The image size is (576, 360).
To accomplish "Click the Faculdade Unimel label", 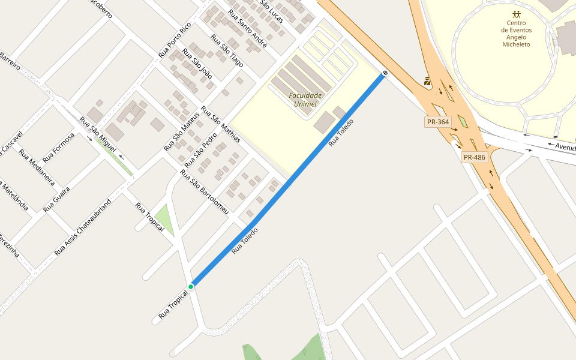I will (305, 100).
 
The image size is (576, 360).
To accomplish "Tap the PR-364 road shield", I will (437, 122).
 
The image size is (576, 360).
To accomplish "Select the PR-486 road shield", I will (474, 157).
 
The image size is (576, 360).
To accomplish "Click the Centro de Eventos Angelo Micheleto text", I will (516, 34).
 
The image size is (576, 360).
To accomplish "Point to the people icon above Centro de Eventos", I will (516, 14).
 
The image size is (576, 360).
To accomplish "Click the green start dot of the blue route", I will (191, 287).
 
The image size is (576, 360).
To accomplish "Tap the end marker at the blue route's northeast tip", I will (385, 73).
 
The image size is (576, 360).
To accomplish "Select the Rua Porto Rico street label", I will (174, 40).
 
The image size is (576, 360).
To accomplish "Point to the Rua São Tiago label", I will (227, 50).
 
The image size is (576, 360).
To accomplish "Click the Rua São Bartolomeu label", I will (205, 191).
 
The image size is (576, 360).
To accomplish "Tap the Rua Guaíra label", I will (56, 199).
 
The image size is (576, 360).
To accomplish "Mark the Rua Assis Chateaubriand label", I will (83, 227).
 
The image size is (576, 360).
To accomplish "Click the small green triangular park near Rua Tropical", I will (164, 219).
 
